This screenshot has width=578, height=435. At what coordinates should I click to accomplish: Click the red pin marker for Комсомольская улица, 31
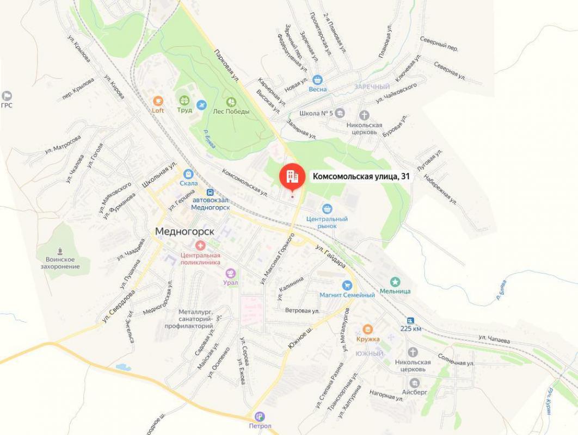[292, 176]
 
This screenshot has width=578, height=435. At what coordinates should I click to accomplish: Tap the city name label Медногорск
[185, 231]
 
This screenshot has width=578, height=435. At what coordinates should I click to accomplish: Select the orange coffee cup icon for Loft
[158, 101]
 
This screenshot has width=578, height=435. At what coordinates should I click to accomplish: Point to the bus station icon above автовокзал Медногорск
[210, 192]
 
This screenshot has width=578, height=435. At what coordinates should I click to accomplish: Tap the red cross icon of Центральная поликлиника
[201, 246]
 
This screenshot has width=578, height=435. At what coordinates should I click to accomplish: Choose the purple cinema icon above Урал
[231, 273]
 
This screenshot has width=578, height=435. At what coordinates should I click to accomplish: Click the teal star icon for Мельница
[396, 281]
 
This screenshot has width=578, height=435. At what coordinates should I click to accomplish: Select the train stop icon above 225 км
[410, 320]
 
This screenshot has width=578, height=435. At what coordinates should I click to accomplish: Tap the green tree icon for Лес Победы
[231, 102]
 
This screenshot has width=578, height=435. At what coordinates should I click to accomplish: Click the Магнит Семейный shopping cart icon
[347, 285]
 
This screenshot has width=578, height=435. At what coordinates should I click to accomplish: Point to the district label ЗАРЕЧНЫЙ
[372, 87]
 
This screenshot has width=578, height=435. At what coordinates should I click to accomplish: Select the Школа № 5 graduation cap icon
[340, 113]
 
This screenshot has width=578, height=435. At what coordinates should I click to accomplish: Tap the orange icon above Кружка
[368, 329]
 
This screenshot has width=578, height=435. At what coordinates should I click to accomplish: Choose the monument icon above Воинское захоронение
[60, 251]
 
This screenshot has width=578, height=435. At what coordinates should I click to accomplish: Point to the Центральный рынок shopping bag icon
[327, 208]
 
